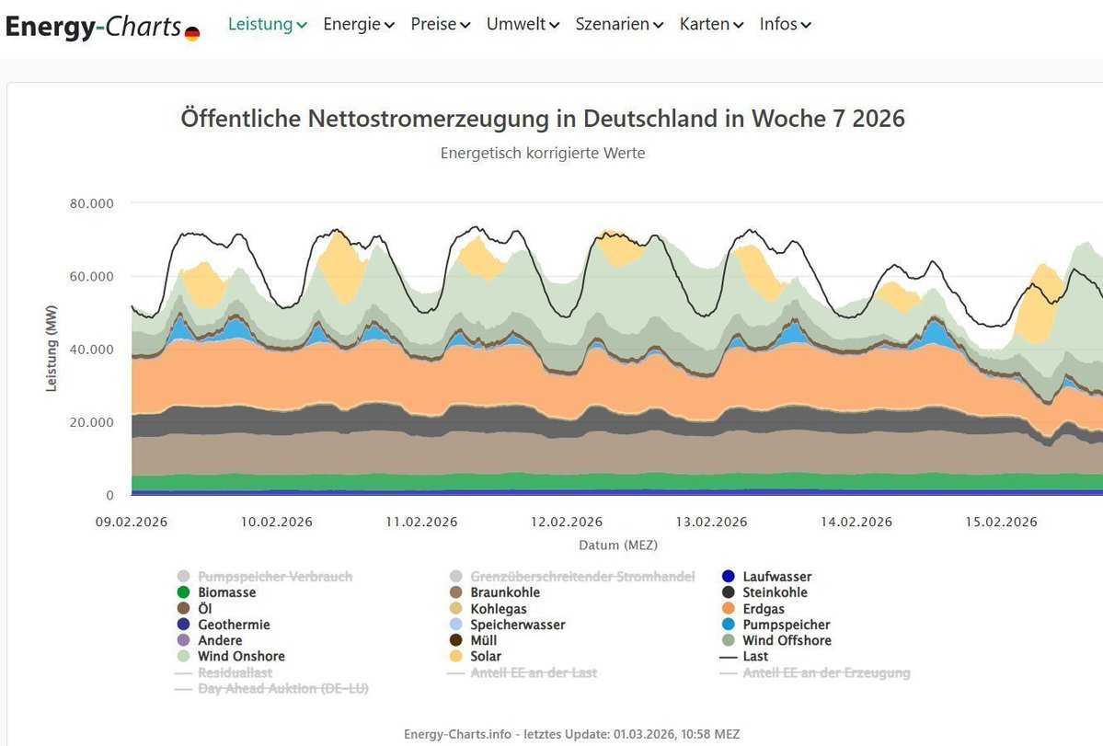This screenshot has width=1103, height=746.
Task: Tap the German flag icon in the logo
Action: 192,34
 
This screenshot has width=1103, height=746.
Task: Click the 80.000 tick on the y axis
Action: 91,203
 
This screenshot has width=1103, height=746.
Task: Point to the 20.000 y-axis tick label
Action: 91,422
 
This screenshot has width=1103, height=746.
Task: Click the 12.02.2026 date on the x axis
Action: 566,522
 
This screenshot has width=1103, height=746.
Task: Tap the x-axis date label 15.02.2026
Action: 1002,522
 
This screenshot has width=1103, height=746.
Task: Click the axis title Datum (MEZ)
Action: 618,545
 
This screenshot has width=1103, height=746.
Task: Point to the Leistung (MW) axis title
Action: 52,347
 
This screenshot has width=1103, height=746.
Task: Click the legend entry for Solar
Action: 486,657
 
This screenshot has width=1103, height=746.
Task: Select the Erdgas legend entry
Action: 762,609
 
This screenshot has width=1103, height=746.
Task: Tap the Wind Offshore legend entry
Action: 787,641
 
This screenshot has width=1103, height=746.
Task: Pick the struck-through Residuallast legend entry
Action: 235,673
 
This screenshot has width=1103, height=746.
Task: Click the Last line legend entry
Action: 755,657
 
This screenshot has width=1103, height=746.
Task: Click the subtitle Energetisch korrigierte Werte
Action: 543,153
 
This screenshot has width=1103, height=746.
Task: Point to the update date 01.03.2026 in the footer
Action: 646,734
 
